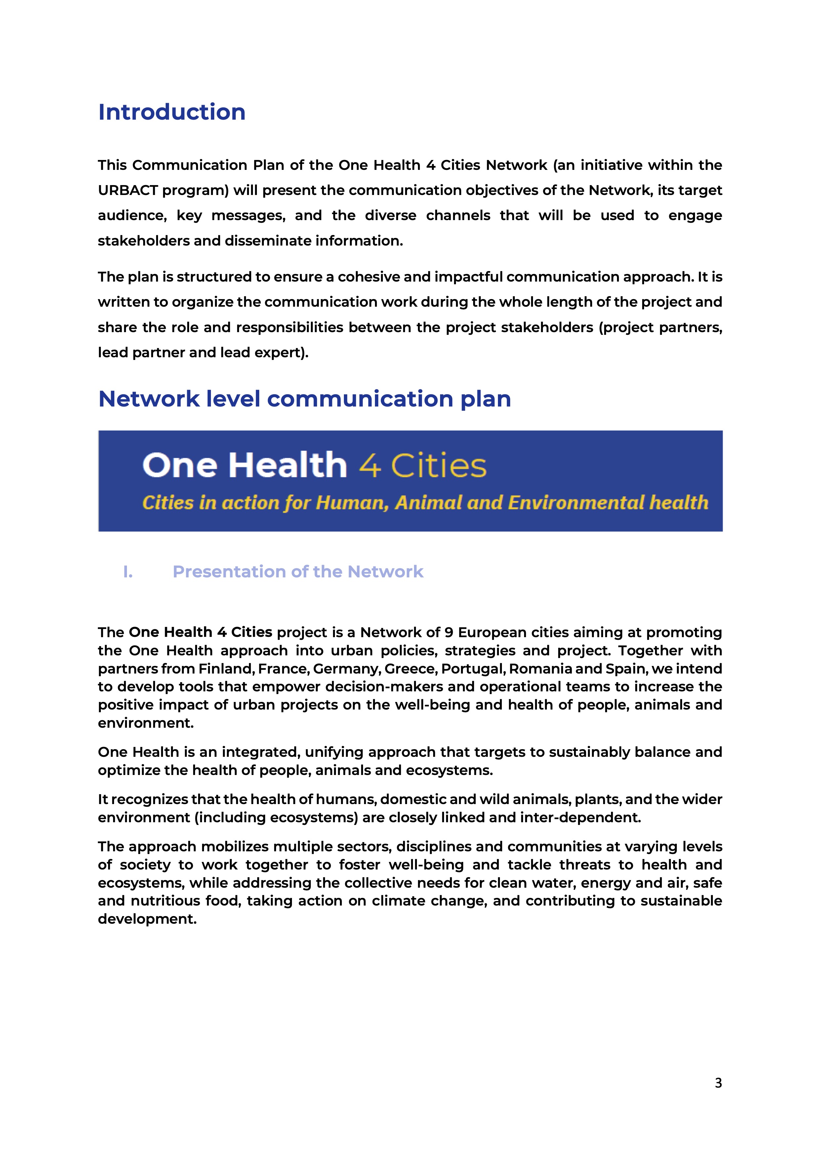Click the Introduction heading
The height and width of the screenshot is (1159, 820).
click(172, 112)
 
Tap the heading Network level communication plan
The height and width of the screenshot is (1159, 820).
click(305, 399)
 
